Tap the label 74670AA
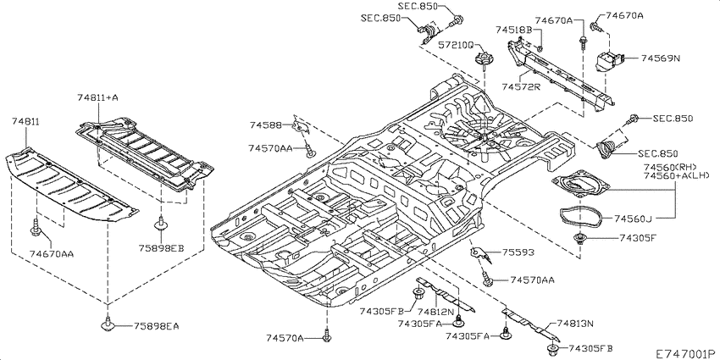click(x=52, y=253)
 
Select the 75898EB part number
click(x=161, y=248)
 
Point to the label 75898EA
click(x=156, y=326)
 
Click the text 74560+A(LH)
click(x=677, y=175)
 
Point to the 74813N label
click(x=575, y=324)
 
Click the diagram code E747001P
click(x=685, y=353)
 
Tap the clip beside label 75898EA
click(x=108, y=324)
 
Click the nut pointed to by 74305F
click(x=581, y=238)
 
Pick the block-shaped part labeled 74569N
click(x=609, y=61)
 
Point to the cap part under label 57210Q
click(x=483, y=58)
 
